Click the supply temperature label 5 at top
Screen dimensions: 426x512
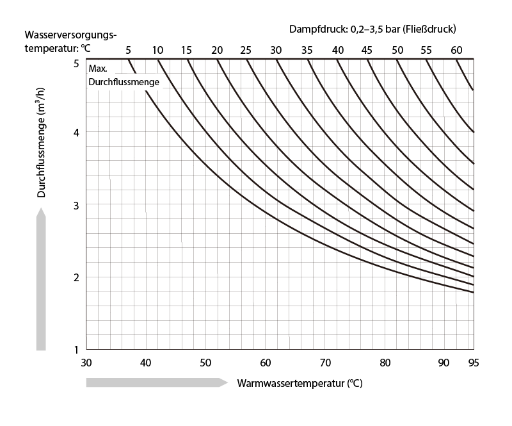(x=128, y=50)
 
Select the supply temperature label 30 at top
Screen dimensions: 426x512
(x=276, y=50)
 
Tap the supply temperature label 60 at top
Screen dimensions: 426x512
(x=456, y=50)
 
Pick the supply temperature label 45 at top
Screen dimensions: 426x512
(x=366, y=50)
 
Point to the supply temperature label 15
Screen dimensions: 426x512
(x=186, y=50)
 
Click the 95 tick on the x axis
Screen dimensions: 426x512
(x=474, y=362)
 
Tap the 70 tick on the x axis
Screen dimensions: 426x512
(x=324, y=362)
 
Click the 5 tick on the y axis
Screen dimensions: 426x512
(x=76, y=63)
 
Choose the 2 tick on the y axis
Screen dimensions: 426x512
(x=76, y=277)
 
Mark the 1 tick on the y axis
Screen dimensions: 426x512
(x=76, y=350)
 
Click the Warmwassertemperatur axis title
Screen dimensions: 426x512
(x=300, y=384)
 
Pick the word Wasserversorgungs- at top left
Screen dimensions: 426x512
(x=71, y=34)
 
